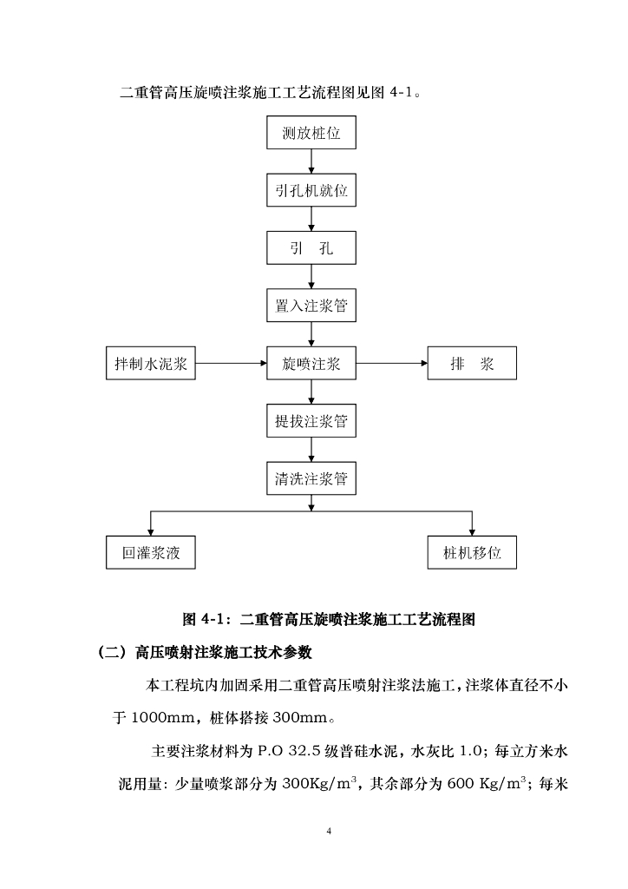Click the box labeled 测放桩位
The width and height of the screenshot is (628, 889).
pyautogui.click(x=311, y=135)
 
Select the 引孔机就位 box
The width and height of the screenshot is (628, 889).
pyautogui.click(x=311, y=191)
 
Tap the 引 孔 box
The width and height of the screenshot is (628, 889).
pyautogui.click(x=311, y=248)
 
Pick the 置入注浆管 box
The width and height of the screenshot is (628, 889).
pyautogui.click(x=311, y=306)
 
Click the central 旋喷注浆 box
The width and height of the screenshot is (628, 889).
pyautogui.click(x=311, y=364)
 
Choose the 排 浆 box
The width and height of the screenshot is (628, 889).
pyautogui.click(x=472, y=364)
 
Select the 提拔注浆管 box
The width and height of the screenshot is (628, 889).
pyautogui.click(x=311, y=422)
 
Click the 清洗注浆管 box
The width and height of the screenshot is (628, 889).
pyautogui.click(x=311, y=478)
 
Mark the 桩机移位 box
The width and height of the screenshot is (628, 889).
pyautogui.click(x=472, y=552)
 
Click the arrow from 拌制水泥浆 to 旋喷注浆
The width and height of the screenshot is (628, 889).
pyautogui.click(x=231, y=364)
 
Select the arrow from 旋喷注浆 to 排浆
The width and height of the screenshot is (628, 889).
pyautogui.click(x=392, y=364)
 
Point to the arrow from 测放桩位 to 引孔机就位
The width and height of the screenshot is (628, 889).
pyautogui.click(x=311, y=163)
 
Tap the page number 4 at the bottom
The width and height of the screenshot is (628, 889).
pyautogui.click(x=329, y=832)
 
